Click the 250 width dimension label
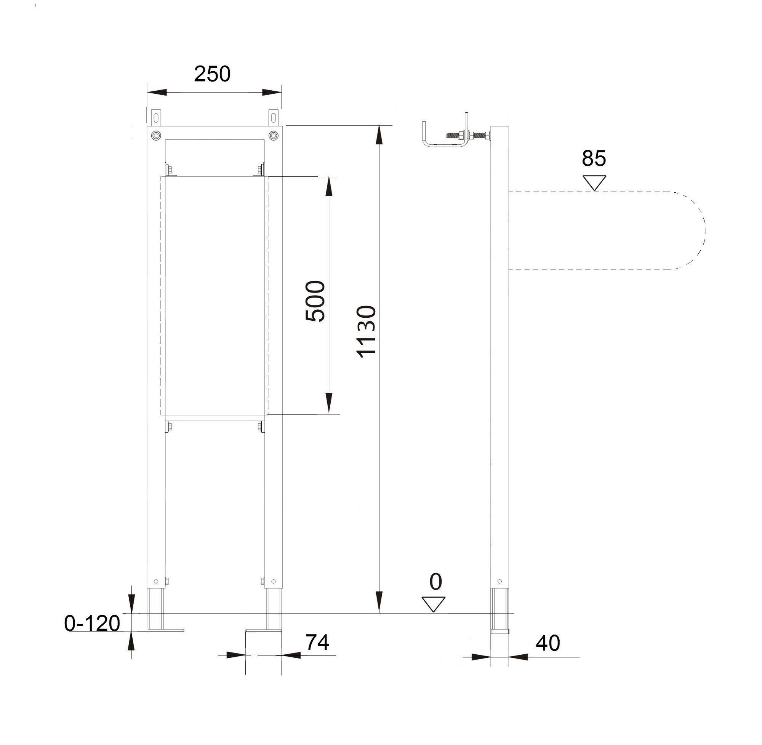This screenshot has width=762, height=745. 212,74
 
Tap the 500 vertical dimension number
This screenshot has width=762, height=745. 315,301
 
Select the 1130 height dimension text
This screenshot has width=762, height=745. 367,331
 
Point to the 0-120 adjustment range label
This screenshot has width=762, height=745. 92,623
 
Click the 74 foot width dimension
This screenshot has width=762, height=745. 317,642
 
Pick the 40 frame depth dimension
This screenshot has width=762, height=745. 548,643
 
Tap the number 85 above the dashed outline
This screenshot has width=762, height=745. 594,158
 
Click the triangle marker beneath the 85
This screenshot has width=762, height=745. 594,183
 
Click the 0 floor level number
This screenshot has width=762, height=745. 435,582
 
